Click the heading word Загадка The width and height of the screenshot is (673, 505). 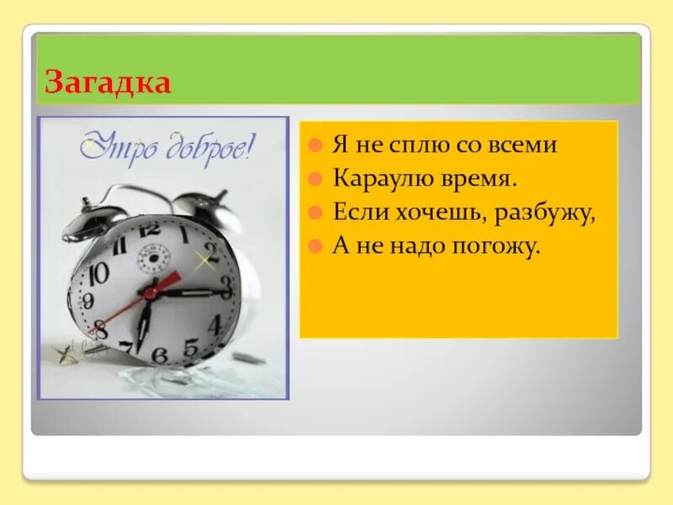click(108, 82)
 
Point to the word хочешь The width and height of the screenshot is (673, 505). click(437, 213)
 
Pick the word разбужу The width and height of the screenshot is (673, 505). click(543, 213)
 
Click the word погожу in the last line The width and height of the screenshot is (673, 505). click(495, 247)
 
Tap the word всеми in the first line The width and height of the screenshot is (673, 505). click(523, 145)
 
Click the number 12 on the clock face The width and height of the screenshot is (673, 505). click(150, 228)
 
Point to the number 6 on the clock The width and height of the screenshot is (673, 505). click(159, 354)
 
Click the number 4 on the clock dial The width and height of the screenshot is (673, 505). click(215, 323)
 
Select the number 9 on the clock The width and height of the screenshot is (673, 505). click(87, 301)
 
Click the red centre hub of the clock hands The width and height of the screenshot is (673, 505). click(151, 293)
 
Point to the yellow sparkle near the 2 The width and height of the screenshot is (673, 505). click(202, 261)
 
